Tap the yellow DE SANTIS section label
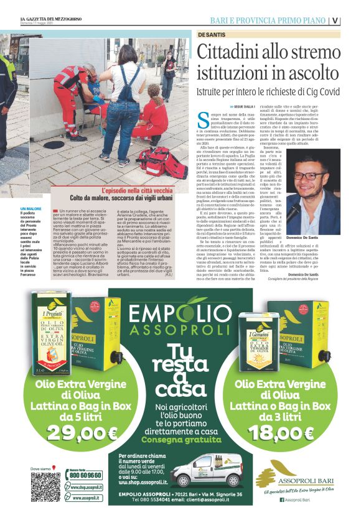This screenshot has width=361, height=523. point(212,34)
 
